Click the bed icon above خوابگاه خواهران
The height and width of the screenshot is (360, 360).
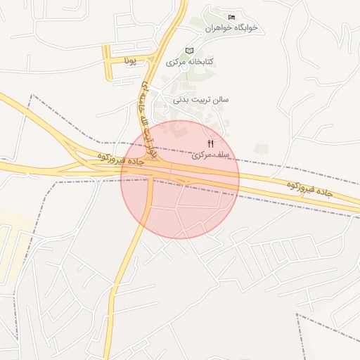[x=232, y=17]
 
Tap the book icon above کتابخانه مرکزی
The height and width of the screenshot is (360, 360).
[x=189, y=51]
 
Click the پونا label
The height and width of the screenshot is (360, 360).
[x=129, y=62]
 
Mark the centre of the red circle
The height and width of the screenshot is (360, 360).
[x=180, y=179]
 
